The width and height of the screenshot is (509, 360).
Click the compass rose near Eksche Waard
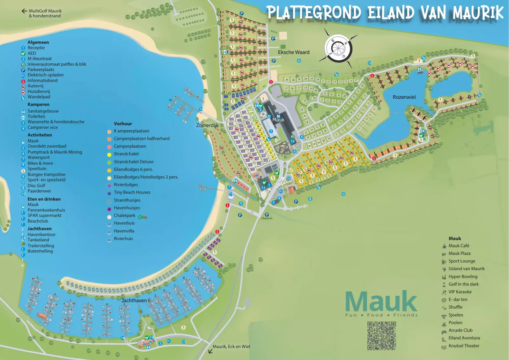tap(338, 48)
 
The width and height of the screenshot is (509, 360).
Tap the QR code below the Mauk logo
tap(382, 336)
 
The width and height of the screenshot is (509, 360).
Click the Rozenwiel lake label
tap(404, 97)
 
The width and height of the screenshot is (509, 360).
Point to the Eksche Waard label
tap(293, 52)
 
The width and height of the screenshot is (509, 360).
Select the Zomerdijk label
tap(207, 125)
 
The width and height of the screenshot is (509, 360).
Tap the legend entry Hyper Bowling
tap(463, 277)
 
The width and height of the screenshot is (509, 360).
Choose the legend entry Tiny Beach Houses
tap(132, 192)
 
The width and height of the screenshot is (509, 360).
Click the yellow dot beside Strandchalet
tap(109, 154)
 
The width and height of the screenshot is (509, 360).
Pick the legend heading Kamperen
tap(38, 104)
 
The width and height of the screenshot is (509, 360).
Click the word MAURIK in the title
tap(478, 13)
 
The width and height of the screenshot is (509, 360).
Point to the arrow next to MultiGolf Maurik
tap(24, 11)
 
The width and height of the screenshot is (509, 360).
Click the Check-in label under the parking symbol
tap(267, 218)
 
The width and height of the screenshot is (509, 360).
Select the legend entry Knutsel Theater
tap(464, 346)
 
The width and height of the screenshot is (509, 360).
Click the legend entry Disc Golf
tap(36, 186)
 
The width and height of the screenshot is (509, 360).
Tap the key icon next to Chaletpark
tap(143, 217)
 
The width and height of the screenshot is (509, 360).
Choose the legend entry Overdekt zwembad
tap(47, 146)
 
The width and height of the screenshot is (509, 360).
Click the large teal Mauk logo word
tap(381, 301)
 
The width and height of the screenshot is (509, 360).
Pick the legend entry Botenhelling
tap(40, 251)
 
